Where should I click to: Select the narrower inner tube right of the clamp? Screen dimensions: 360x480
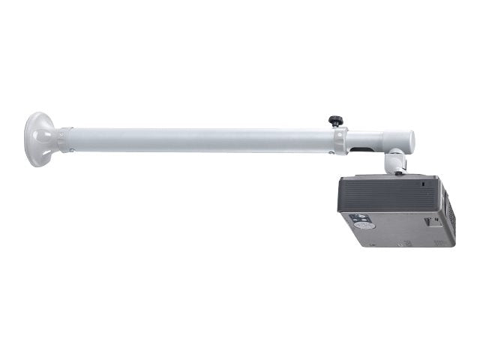coord(375,140)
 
